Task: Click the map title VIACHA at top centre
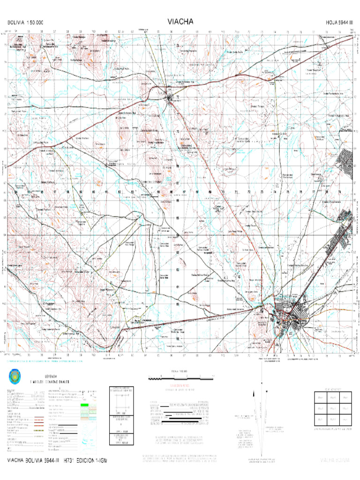tap(180, 22)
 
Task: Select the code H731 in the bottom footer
tap(71, 461)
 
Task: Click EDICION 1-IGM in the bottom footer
tap(93, 461)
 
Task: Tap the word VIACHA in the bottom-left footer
tap(17, 461)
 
